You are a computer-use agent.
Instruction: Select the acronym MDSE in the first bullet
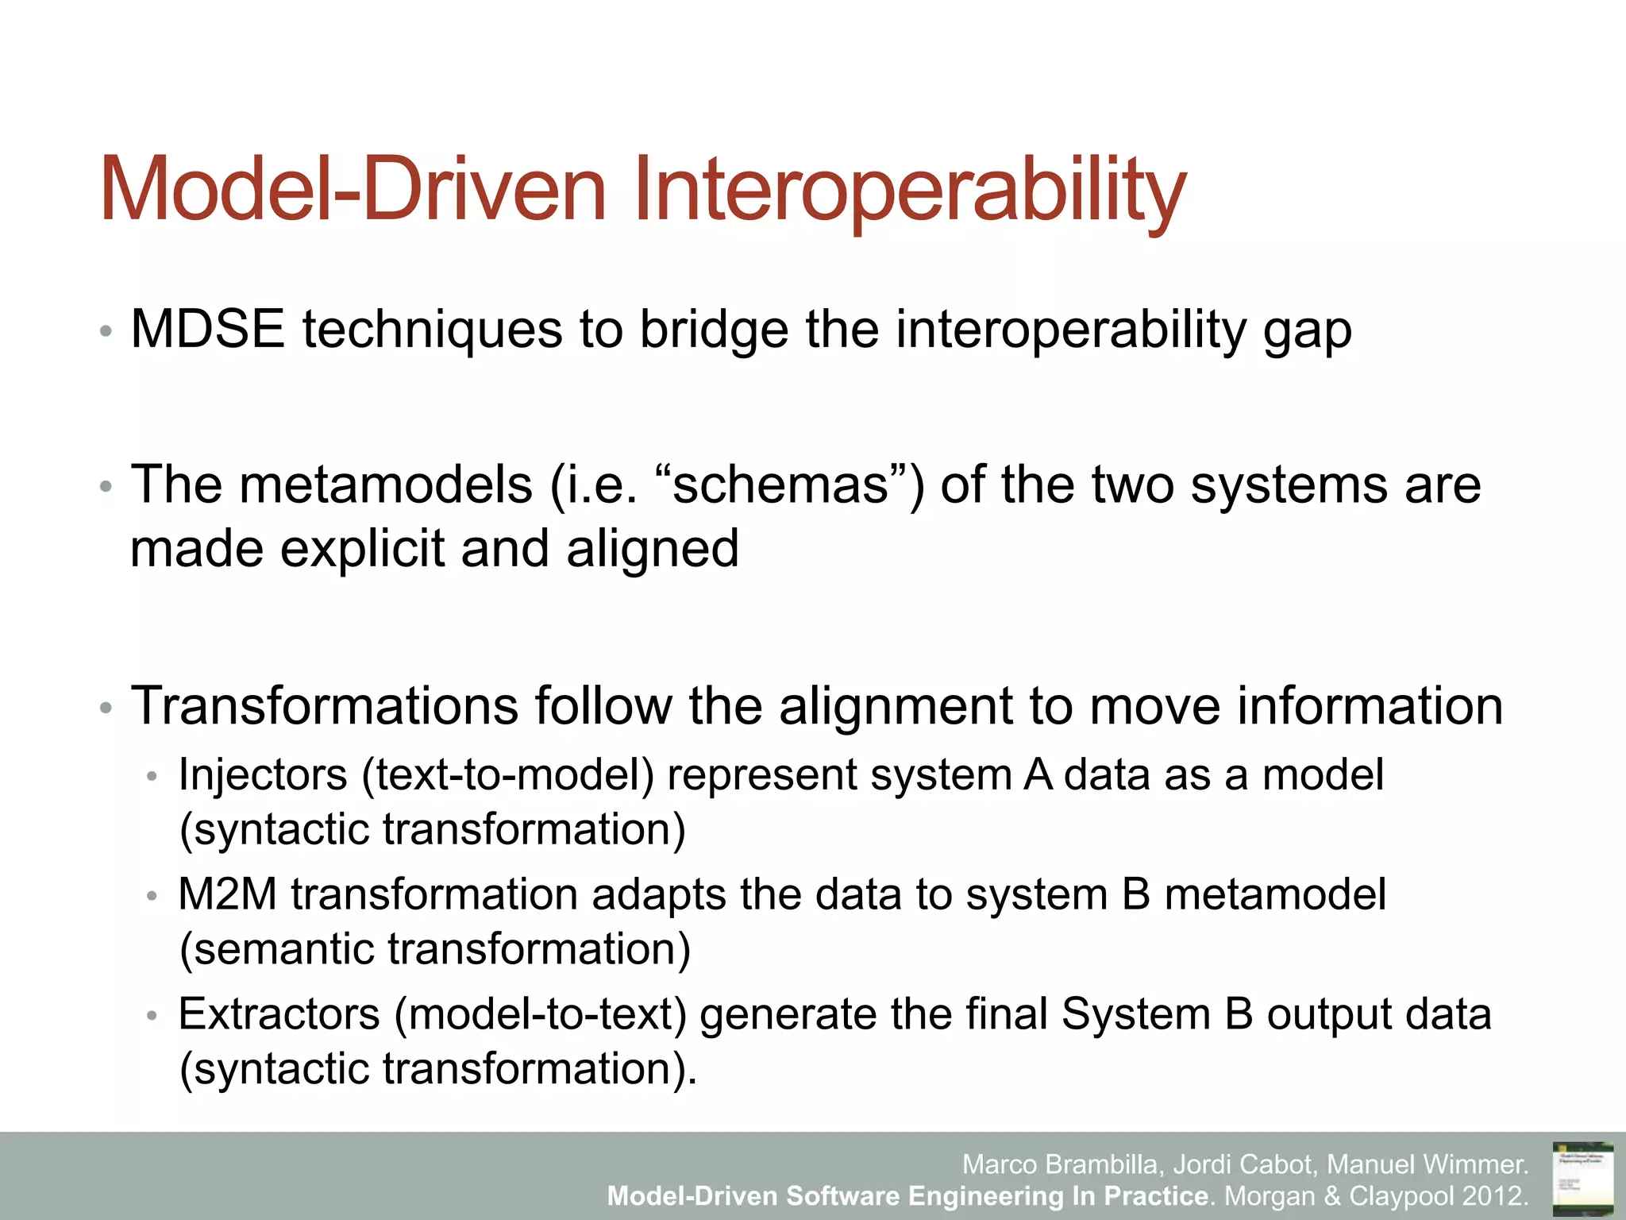coord(207,329)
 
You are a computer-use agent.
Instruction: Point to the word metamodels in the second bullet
coord(385,485)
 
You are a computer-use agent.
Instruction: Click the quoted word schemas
coord(781,485)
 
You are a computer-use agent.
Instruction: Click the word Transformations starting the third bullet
coord(324,706)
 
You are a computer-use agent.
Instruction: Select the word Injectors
coord(263,774)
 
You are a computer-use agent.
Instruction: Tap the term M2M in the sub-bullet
coord(227,894)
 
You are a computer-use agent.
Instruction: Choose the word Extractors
coord(279,1014)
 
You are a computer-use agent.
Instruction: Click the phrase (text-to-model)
coord(508,774)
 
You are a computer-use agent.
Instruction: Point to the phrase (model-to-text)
coord(541,1014)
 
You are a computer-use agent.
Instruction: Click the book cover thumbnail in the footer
coord(1582,1176)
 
